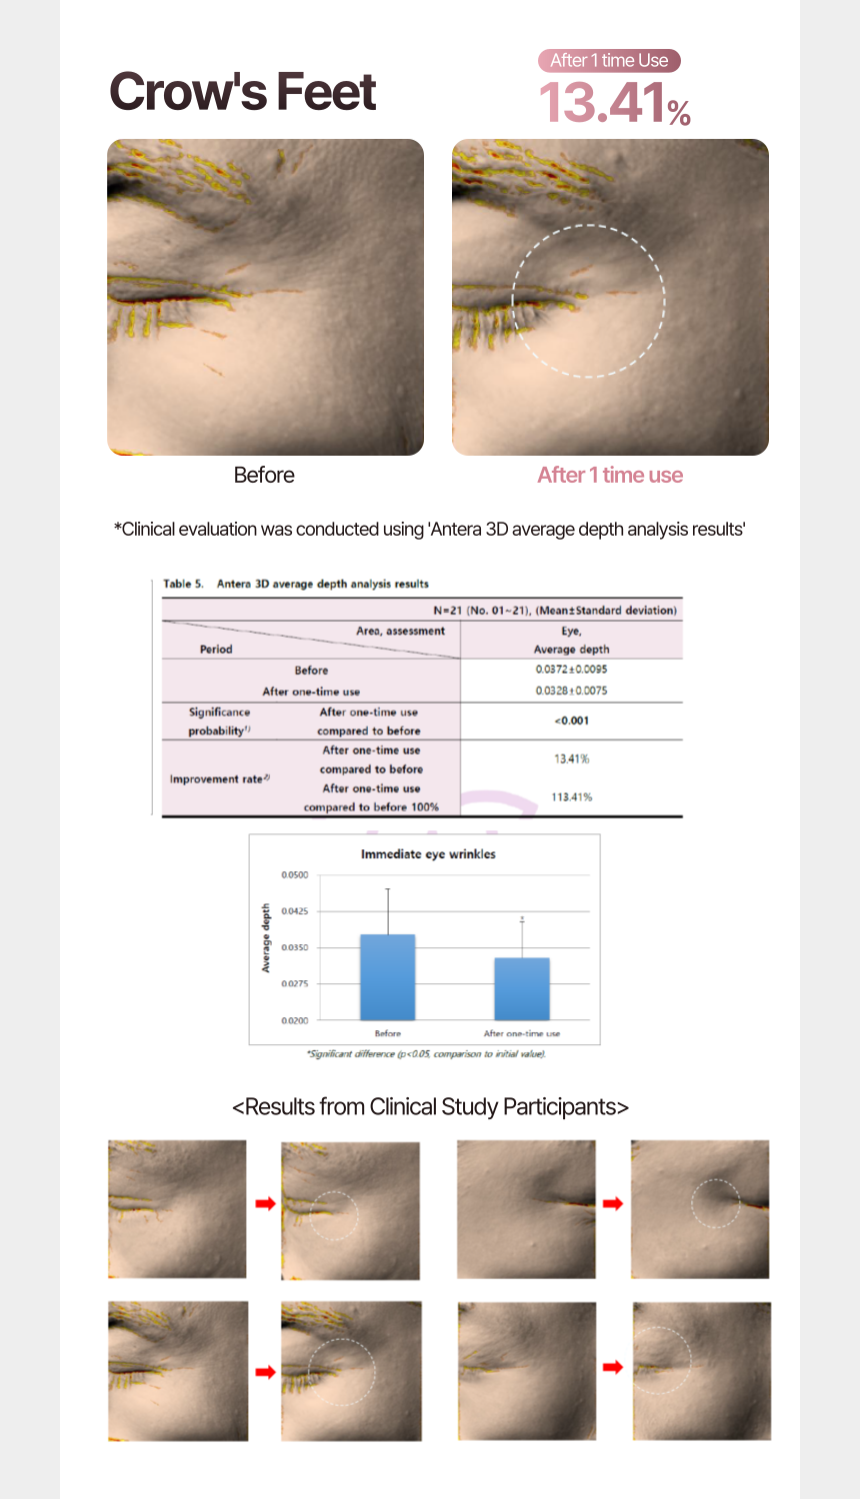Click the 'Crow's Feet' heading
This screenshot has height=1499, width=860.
coord(242,92)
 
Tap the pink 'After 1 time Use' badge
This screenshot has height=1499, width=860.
coord(609,60)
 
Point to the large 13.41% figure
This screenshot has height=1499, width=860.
coord(614,103)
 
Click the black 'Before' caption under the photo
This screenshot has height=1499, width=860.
coord(264,475)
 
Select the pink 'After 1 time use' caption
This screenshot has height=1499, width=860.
coord(610,475)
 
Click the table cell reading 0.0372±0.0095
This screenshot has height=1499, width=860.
coord(571,670)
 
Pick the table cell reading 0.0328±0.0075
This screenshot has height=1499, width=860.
coord(571,691)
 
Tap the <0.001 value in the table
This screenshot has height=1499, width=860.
coord(571,721)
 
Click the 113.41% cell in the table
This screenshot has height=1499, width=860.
coord(571,796)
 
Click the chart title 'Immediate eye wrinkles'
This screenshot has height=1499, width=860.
coord(428,854)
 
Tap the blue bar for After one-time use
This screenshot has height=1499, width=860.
coord(521,988)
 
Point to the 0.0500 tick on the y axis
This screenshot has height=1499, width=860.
coord(295,875)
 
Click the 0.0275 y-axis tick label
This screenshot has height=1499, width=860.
coord(295,984)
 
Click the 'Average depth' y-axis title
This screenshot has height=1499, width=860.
coord(266,938)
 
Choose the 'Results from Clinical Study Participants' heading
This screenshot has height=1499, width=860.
coord(430,1107)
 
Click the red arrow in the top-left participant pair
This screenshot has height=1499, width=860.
coord(265,1203)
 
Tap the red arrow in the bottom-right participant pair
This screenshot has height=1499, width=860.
coord(613,1366)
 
